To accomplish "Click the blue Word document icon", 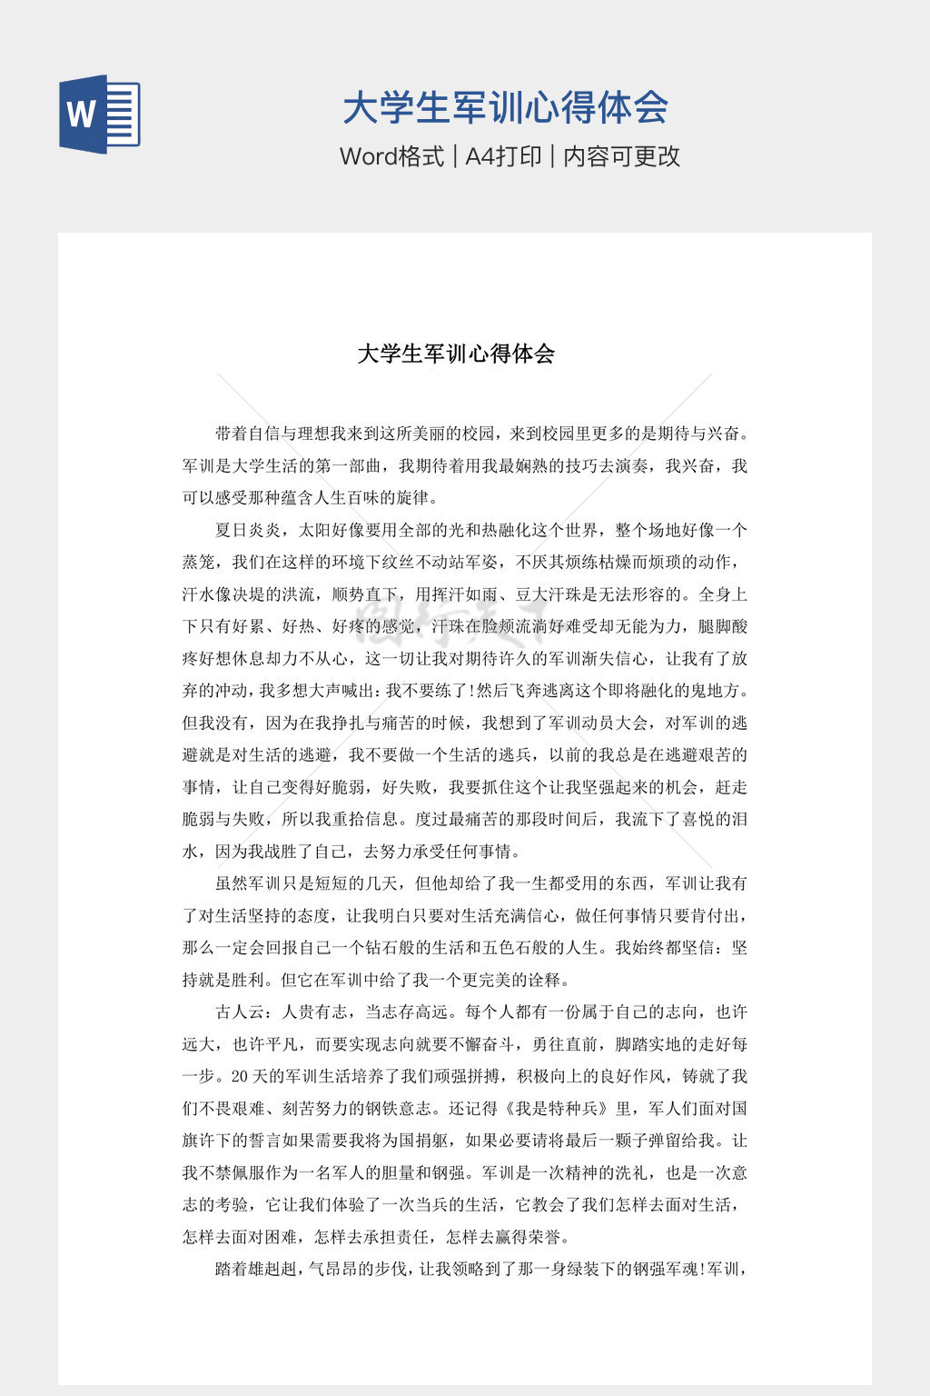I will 100,115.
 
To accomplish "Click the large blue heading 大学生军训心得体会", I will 505,108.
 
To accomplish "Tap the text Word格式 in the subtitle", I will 391,156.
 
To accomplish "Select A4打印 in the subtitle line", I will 503,156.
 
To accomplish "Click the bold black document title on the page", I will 456,354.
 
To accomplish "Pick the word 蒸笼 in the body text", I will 199,563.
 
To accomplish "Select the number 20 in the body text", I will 240,1077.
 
